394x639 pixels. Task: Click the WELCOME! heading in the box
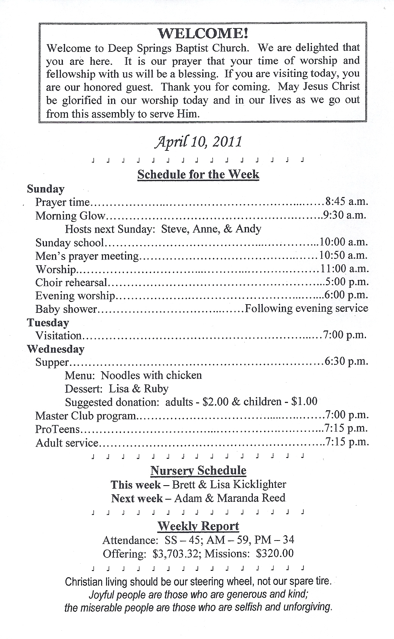pyautogui.click(x=203, y=34)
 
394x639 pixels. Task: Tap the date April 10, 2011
pyautogui.click(x=198, y=142)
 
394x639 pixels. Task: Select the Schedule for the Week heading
pyautogui.click(x=198, y=175)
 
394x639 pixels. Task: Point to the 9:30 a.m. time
pyautogui.click(x=344, y=215)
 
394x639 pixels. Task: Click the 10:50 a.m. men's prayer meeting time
pyautogui.click(x=343, y=255)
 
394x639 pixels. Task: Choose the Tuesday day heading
pyautogui.click(x=48, y=323)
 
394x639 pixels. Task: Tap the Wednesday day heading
pyautogui.click(x=56, y=349)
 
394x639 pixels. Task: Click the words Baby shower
pyautogui.click(x=66, y=309)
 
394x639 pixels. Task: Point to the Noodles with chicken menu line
pyautogui.click(x=151, y=375)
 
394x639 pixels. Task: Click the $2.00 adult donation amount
pyautogui.click(x=215, y=402)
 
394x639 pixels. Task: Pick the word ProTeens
pyautogui.click(x=58, y=429)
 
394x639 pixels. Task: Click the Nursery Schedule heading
pyautogui.click(x=198, y=470)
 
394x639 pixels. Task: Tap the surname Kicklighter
pyautogui.click(x=260, y=484)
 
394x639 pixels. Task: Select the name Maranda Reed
pyautogui.click(x=251, y=498)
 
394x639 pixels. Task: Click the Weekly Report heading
pyautogui.click(x=198, y=526)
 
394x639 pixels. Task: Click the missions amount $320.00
pyautogui.click(x=275, y=553)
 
